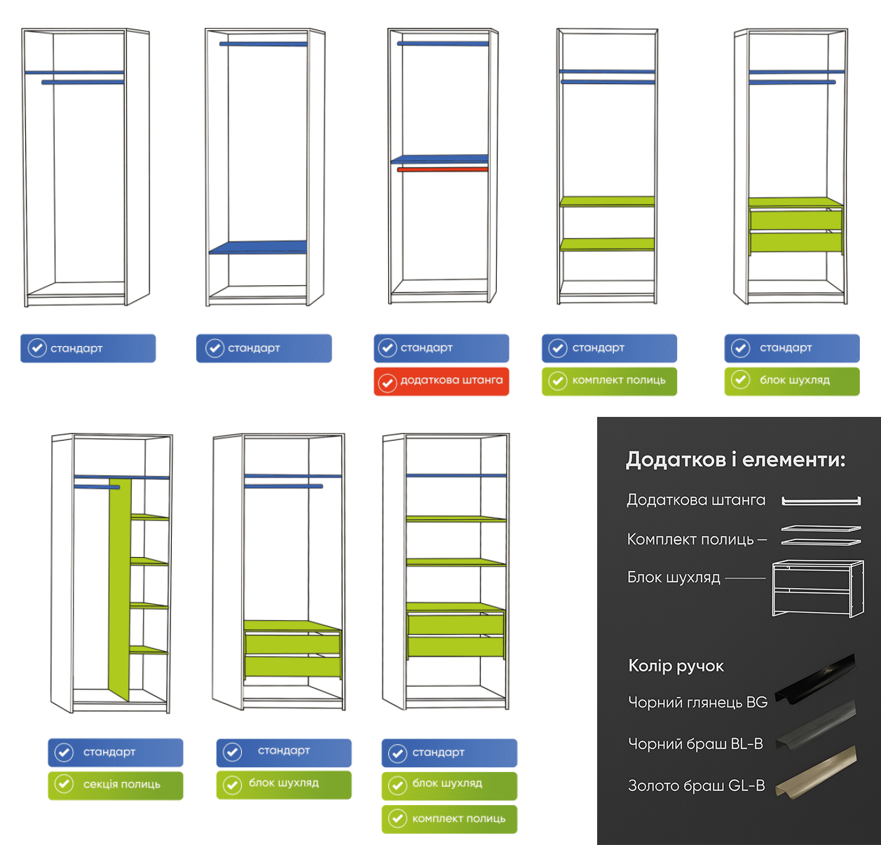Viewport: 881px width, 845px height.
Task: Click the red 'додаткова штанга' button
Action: click(441, 381)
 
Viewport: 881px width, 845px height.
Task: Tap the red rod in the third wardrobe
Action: click(442, 170)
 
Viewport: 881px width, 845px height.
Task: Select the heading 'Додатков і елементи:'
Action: click(735, 460)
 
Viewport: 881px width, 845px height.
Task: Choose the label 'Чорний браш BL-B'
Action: click(695, 744)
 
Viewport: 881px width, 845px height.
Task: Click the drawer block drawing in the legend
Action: click(817, 588)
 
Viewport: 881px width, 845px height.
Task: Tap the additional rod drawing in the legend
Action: click(821, 501)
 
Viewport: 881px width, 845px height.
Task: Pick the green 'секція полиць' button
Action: click(116, 785)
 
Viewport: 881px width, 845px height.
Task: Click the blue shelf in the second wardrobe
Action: click(258, 247)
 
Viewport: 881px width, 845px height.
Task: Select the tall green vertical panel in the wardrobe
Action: click(120, 589)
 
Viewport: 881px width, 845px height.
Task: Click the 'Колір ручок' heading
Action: click(676, 666)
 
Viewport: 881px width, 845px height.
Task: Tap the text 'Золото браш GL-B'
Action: click(696, 785)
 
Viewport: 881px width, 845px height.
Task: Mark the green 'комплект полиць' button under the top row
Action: click(609, 381)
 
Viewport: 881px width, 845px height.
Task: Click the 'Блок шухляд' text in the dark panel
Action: click(674, 577)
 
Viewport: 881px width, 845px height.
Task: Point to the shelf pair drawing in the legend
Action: click(821, 535)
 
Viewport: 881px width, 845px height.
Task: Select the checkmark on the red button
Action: click(388, 383)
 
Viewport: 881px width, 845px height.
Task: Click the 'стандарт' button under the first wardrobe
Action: click(88, 348)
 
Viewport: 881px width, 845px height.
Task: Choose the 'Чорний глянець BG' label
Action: click(697, 702)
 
